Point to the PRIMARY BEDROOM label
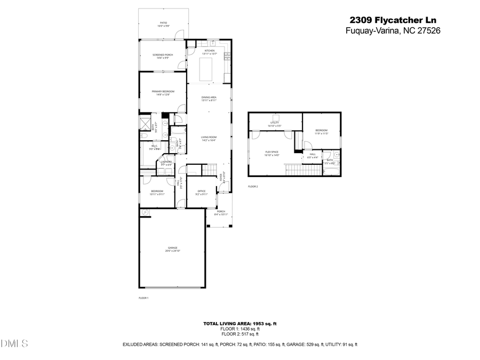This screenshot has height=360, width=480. (163, 93)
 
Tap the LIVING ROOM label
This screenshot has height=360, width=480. (209, 139)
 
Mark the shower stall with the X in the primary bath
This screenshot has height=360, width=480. (145, 124)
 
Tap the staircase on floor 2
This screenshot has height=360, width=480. (303, 170)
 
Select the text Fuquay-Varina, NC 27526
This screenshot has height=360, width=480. (387, 31)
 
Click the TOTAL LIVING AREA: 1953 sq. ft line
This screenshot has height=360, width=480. (239, 323)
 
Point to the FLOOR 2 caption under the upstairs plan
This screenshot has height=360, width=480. (253, 187)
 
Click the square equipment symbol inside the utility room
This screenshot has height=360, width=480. (276, 118)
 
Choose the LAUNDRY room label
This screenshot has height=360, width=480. (166, 163)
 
